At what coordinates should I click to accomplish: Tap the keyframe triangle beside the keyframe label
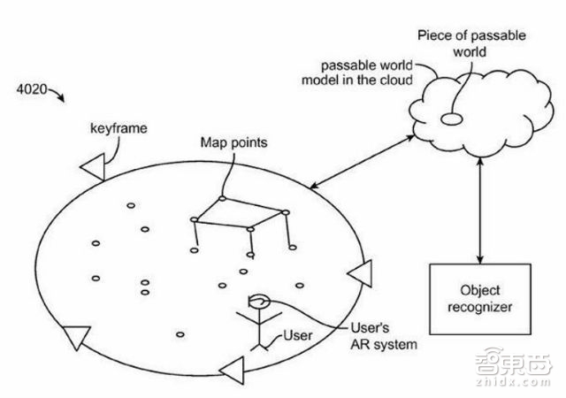pyautogui.click(x=93, y=163)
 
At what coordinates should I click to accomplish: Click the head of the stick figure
pyautogui.click(x=259, y=302)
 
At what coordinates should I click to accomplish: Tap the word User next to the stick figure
pyautogui.click(x=298, y=336)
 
